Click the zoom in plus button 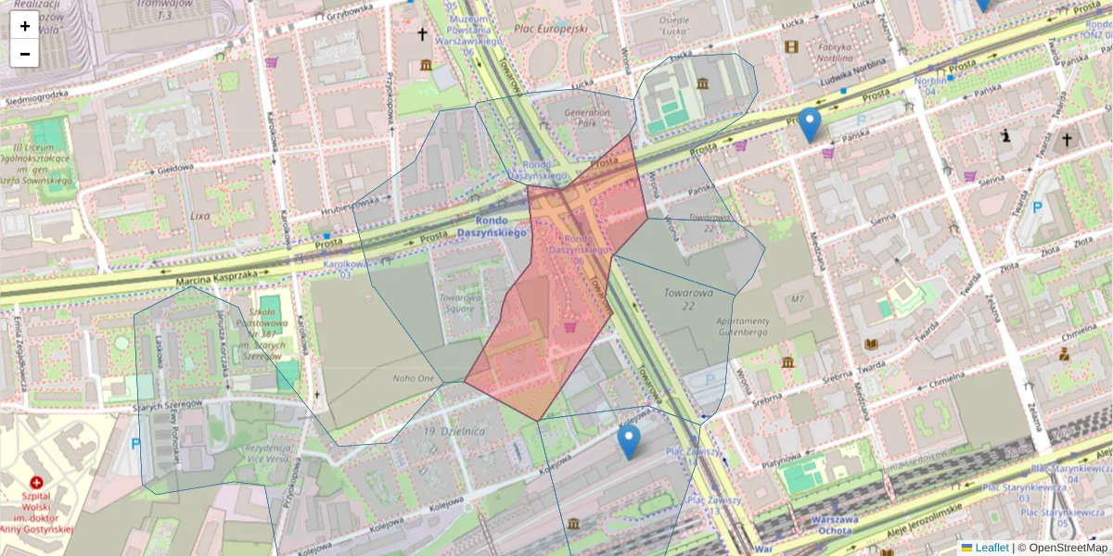pos(24,26)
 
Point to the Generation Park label pos(587,118)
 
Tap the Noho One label pos(413,378)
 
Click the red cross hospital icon pos(36,483)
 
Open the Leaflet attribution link pos(991,548)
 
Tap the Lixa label pos(199,216)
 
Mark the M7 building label pos(796,299)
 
